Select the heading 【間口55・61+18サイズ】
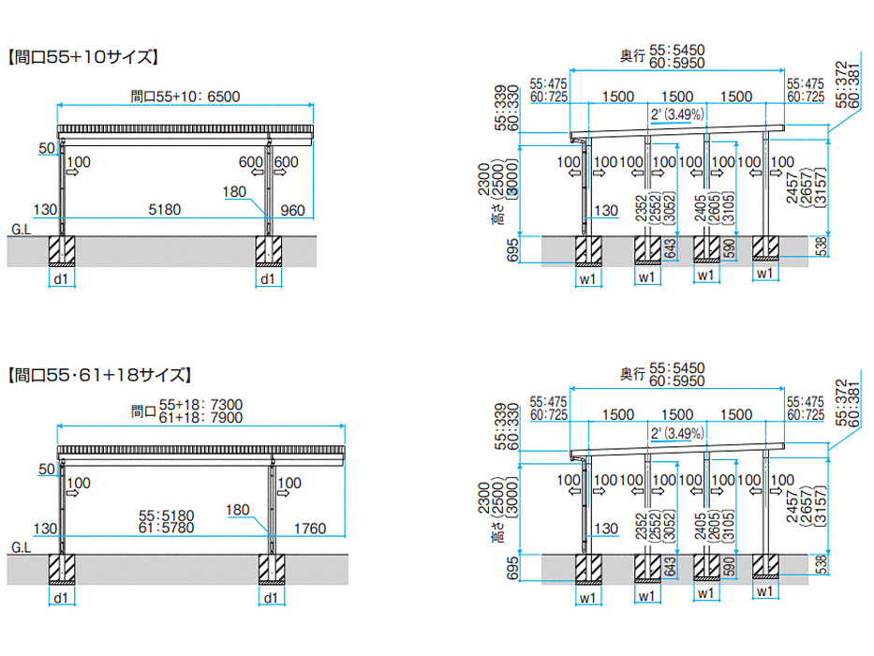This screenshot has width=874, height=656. pyautogui.click(x=99, y=376)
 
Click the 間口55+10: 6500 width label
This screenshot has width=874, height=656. pyautogui.click(x=186, y=95)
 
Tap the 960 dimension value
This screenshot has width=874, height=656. pyautogui.click(x=292, y=210)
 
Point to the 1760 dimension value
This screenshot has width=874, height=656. pyautogui.click(x=309, y=529)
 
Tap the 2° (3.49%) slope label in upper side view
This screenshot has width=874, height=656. pyautogui.click(x=676, y=114)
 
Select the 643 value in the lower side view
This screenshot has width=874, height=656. pyautogui.click(x=669, y=566)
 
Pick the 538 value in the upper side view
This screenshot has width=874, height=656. pyautogui.click(x=821, y=247)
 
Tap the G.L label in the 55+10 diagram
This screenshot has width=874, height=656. pyautogui.click(x=20, y=229)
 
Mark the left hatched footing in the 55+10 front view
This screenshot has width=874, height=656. pyautogui.click(x=63, y=249)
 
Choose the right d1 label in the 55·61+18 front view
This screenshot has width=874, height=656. pyautogui.click(x=270, y=596)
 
